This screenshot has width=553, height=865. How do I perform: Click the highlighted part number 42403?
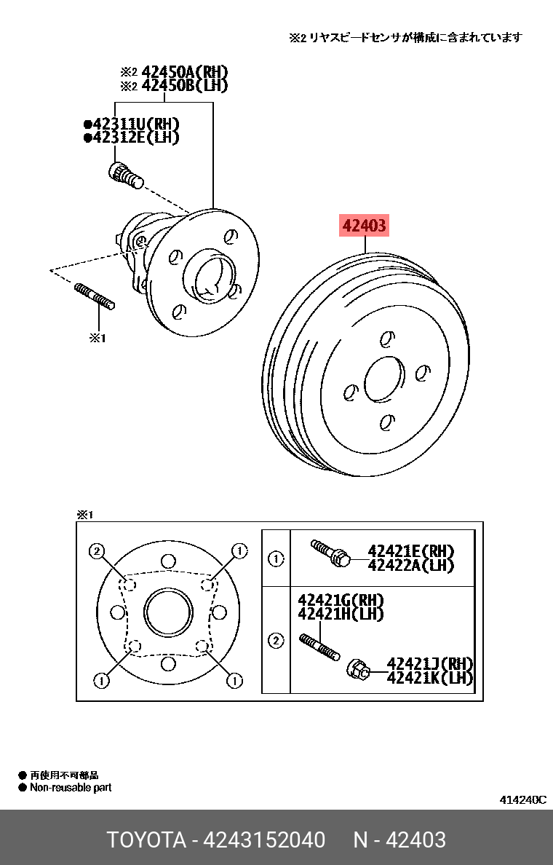[x=364, y=227]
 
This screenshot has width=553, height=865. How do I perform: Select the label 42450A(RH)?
[x=184, y=72]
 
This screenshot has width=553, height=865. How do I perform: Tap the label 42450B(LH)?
[x=184, y=86]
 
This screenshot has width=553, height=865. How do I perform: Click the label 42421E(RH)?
[x=410, y=551]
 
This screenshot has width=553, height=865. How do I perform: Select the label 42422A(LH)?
[x=410, y=566]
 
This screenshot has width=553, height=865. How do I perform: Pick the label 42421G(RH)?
[x=341, y=600]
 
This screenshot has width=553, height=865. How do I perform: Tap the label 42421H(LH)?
[x=341, y=614]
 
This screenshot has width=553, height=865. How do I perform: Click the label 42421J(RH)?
[x=430, y=664]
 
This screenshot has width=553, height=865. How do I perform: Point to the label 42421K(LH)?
[x=430, y=678]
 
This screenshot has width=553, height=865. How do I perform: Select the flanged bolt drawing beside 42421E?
[x=330, y=553]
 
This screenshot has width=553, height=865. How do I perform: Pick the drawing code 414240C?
[x=522, y=799]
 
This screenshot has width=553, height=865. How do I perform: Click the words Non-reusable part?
[x=71, y=788]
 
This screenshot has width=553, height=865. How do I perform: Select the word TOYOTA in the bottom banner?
[x=146, y=840]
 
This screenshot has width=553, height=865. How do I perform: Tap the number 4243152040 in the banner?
[x=264, y=840]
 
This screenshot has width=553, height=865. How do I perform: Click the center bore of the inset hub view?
[x=168, y=612]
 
